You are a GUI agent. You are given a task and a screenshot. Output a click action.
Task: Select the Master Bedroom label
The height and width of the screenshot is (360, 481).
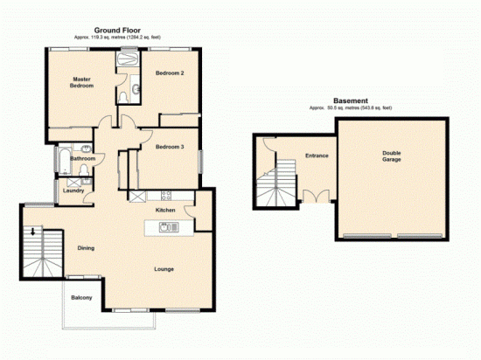82,82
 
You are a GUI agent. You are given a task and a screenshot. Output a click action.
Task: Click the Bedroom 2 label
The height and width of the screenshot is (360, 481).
170,73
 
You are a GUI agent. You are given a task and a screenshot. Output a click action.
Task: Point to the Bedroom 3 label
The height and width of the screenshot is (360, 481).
170,147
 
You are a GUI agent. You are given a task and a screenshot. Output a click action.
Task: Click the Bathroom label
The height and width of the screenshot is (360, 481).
83,159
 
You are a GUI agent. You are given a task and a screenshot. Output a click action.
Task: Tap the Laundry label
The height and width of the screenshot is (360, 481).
73,190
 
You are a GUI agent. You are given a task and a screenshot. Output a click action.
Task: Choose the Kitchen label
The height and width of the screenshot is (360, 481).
166,211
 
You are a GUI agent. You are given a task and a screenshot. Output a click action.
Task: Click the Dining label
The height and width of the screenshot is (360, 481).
86,248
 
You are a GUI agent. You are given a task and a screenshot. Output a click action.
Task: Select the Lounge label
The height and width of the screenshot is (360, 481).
164,268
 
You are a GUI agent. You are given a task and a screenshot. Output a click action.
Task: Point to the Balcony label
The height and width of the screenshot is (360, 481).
81,299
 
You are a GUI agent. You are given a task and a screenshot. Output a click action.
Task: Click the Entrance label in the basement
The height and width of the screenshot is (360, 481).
316,156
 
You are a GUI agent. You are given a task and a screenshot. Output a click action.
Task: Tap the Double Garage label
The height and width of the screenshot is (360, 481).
392,157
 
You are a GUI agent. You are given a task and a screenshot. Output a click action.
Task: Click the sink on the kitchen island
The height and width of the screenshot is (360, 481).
164,228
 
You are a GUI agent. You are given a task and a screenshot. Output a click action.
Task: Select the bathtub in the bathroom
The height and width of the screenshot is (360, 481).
64,159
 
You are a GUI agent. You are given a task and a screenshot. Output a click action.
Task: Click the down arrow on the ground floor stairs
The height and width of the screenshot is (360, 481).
34,232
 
